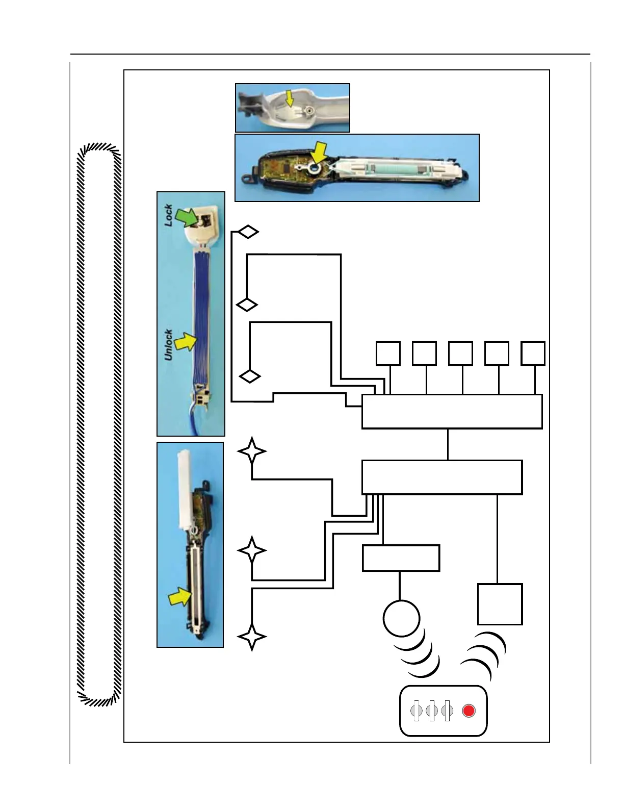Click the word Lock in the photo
[168, 215]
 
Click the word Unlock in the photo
[168, 345]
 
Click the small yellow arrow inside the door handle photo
[290, 98]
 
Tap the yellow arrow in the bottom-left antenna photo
[180, 596]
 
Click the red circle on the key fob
[469, 711]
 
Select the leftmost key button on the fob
[417, 711]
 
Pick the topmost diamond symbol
[248, 232]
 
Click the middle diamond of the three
[247, 305]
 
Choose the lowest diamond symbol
[250, 376]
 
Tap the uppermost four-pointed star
[252, 451]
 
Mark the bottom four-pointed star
[252, 637]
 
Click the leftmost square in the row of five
[388, 353]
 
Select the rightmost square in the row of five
[533, 353]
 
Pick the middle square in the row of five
[460, 353]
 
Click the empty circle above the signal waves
[401, 618]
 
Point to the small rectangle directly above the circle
[401, 558]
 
